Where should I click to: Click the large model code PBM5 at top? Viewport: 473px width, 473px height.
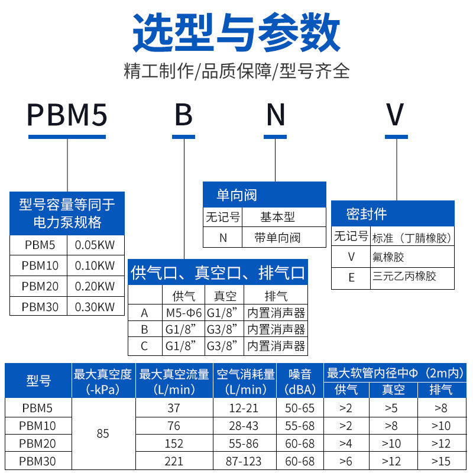[x=67, y=115]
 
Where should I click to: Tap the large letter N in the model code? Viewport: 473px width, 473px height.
[x=276, y=115]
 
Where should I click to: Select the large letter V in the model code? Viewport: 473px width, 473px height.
[x=396, y=115]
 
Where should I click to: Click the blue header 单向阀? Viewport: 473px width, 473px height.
[x=237, y=195]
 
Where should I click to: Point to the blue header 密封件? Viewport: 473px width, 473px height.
[x=367, y=214]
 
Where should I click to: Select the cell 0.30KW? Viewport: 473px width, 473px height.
[x=95, y=306]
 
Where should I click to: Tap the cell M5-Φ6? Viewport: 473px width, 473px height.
[x=183, y=313]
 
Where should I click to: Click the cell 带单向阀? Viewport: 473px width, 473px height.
[x=277, y=238]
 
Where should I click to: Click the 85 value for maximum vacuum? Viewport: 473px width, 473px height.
[x=103, y=434]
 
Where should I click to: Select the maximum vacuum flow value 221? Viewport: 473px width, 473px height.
[x=174, y=461]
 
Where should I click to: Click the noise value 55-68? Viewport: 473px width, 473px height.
[x=300, y=426]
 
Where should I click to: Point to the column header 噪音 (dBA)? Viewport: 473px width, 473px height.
[x=300, y=381]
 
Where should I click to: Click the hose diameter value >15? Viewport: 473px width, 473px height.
[x=440, y=461]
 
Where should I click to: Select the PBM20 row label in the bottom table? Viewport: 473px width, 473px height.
[x=38, y=443]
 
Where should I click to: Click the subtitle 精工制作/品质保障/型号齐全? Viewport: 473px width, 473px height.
[x=237, y=72]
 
